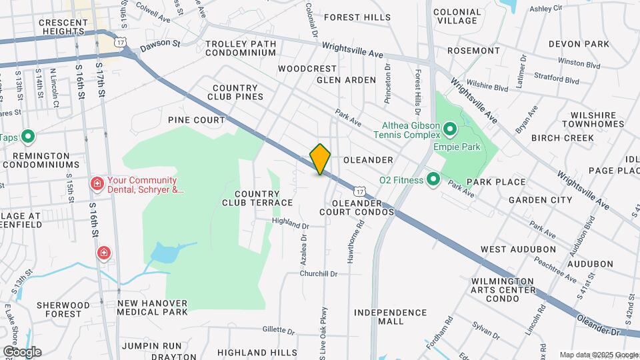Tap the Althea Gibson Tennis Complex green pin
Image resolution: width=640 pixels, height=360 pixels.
click(449, 127)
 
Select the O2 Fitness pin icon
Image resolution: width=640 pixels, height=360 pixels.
click(433, 179)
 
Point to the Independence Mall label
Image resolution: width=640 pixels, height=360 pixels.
click(390, 317)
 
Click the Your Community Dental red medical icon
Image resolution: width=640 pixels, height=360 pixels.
click(97, 183)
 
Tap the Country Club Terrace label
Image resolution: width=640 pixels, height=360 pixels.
click(257, 198)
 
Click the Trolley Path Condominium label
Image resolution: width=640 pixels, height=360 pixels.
click(231, 49)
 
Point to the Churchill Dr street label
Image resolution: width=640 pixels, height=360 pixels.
click(319, 274)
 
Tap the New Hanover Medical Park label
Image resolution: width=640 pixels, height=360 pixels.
click(152, 307)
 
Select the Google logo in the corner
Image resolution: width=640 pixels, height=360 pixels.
click(22, 351)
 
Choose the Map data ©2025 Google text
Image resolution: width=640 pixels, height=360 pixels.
click(598, 355)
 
